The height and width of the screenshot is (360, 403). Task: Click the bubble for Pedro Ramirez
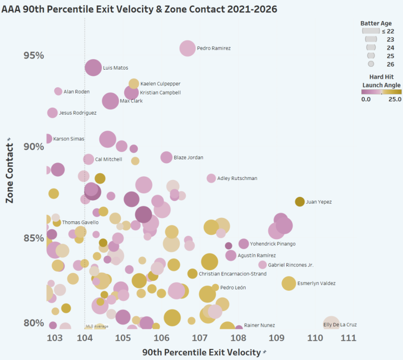(188, 48)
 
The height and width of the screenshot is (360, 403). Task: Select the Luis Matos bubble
(93, 68)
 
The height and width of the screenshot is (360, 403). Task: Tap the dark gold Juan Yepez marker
(299, 202)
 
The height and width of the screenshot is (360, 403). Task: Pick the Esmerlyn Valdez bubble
(288, 283)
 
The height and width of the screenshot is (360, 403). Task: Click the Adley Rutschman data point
(211, 178)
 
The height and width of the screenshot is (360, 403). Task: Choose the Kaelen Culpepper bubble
(134, 84)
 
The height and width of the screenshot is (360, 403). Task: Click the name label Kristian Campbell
(160, 93)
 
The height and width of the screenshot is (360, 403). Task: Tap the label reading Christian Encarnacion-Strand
(232, 274)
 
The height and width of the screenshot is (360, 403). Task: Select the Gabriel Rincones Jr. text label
(291, 265)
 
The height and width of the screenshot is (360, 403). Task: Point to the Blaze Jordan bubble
(166, 157)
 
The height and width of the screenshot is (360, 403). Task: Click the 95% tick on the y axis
(34, 55)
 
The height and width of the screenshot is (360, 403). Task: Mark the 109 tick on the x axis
(277, 338)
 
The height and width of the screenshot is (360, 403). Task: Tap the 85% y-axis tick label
(34, 238)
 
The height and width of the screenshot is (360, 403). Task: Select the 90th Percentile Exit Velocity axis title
(201, 352)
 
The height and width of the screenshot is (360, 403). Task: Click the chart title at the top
(139, 9)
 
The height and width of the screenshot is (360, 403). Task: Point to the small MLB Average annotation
(97, 326)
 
